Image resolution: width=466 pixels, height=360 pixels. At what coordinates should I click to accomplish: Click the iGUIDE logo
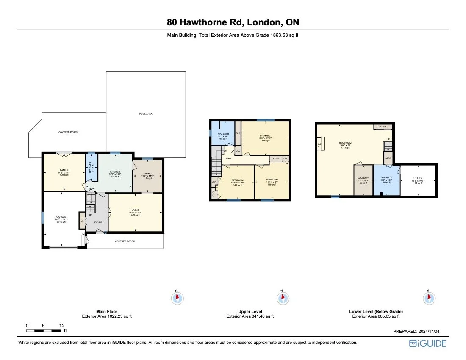[x=427, y=343]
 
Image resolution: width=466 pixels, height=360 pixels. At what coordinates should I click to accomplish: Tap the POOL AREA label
[x=146, y=114]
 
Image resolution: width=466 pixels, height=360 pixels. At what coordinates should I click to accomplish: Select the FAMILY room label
[x=64, y=172]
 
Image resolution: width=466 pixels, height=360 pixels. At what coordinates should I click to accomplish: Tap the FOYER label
[x=98, y=222]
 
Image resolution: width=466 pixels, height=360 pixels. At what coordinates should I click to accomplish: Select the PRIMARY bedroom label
[x=265, y=136]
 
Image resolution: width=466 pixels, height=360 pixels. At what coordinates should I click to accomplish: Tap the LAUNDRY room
[x=363, y=180]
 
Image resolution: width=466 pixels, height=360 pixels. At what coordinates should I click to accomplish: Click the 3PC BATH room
[x=386, y=180]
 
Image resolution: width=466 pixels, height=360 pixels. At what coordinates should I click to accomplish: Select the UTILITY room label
[x=418, y=178]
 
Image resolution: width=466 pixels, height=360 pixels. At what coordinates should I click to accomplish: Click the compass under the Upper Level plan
[x=282, y=298]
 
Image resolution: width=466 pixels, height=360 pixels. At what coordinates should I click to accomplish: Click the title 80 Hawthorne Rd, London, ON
[x=233, y=22]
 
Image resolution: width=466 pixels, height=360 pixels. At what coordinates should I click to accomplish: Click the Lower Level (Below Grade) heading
[x=376, y=311]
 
